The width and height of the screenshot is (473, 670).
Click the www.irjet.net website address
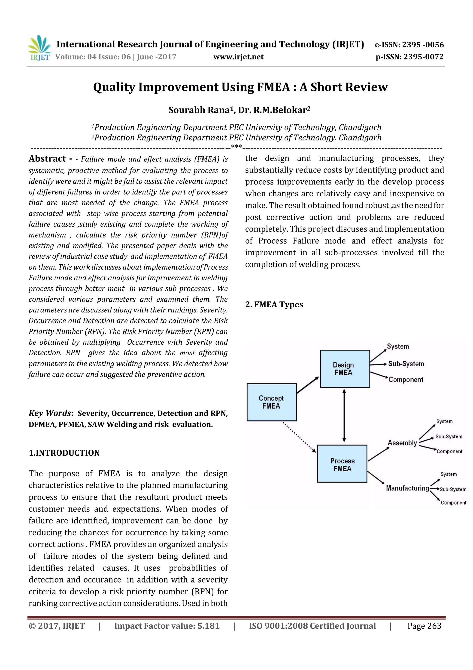(x=238, y=57)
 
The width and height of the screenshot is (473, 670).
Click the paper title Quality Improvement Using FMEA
(x=240, y=87)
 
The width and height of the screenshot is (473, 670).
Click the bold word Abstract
(x=47, y=158)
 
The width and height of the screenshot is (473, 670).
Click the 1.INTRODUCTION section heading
(x=64, y=453)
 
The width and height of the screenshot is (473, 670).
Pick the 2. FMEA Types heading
(x=274, y=304)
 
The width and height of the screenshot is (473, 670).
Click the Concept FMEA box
(x=272, y=402)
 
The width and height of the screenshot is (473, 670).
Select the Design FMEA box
(x=345, y=369)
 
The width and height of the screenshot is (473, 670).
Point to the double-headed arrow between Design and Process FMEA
(x=344, y=416)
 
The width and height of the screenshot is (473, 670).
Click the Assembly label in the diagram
(x=402, y=443)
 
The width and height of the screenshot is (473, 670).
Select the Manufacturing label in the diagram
(x=407, y=488)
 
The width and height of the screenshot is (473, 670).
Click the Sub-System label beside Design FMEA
(x=406, y=364)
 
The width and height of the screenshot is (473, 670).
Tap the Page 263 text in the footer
(x=424, y=626)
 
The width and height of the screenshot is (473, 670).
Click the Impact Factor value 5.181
(x=167, y=626)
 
